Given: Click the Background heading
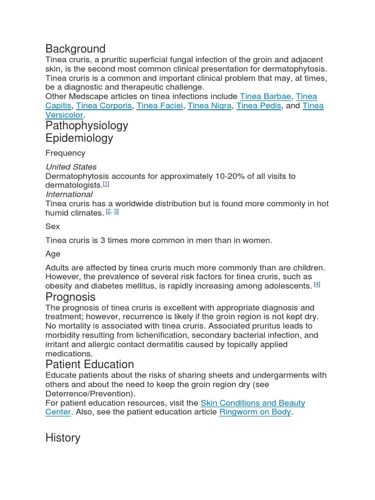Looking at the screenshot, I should (75, 49).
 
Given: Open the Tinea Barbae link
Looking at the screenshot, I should (265, 97).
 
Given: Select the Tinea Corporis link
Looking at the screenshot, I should (104, 106).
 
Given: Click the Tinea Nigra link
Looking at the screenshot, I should (209, 106).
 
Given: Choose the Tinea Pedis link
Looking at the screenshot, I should (259, 106).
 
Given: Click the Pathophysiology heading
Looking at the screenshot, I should (87, 125).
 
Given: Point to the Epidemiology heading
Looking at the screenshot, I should (79, 138).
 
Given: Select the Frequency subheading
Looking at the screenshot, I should (65, 153).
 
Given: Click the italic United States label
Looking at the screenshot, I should (71, 167).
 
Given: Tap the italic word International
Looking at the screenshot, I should (69, 194).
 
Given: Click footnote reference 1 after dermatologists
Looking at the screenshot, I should (106, 184).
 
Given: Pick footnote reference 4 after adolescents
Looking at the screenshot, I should (317, 284).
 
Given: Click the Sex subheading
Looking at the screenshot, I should (53, 227).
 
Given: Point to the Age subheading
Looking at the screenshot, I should (53, 254).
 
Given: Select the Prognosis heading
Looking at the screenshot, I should (70, 297).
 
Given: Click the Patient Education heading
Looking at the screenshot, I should (89, 365).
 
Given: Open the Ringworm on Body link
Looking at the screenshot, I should (255, 412).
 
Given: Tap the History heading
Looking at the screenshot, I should (62, 438).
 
